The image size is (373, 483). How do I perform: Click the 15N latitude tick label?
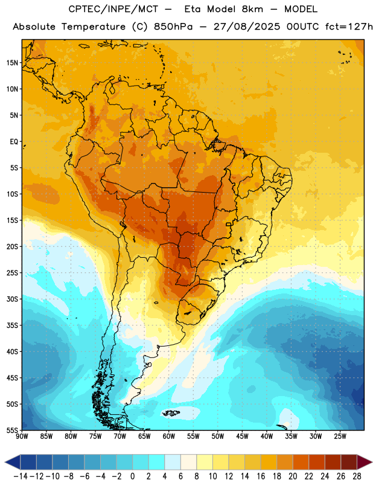12,63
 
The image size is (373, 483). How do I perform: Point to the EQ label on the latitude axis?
14,142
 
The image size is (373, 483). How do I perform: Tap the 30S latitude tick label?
12,299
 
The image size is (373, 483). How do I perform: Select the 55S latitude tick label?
12,430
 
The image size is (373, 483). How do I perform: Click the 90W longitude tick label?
22,437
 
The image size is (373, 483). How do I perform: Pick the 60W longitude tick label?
169,437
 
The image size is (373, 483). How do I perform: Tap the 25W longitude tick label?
340,437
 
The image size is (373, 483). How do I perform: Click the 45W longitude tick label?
242,437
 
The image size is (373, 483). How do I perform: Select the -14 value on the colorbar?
21,476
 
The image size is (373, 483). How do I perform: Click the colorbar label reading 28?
357,476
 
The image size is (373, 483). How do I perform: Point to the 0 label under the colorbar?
132,476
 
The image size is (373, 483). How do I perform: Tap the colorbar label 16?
261,476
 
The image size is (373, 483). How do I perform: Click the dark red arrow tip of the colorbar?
372,462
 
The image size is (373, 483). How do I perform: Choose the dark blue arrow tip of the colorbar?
5,462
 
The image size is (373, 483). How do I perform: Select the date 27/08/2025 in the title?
247,27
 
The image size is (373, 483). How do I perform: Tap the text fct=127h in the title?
349,27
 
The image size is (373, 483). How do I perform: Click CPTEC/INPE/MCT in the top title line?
113,9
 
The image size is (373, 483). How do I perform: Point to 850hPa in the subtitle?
173,27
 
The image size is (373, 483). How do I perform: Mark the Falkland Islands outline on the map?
171,413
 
